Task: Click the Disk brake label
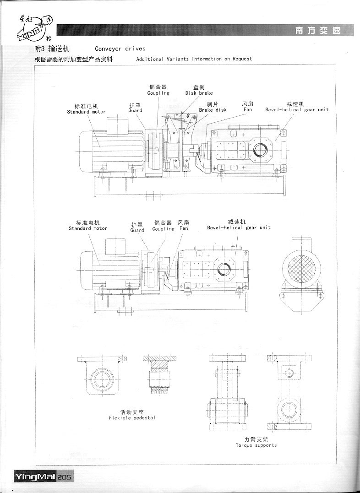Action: click(199, 93)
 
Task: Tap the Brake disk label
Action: click(213, 110)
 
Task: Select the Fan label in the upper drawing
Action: click(248, 109)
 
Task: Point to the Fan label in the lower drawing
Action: click(184, 228)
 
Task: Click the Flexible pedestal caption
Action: click(132, 418)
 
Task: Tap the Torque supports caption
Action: click(256, 445)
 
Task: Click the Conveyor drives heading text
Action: click(120, 49)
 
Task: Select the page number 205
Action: click(65, 477)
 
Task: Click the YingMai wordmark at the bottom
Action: click(35, 477)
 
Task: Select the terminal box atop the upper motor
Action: click(118, 126)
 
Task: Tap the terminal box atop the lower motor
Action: click(115, 247)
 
